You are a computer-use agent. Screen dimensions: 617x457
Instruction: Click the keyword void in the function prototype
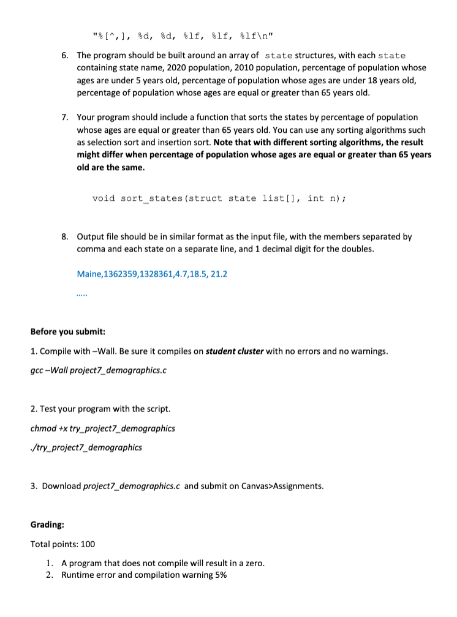click(x=104, y=198)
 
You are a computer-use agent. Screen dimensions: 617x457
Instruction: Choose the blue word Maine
click(x=89, y=274)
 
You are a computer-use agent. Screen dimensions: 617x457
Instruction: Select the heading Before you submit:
click(x=68, y=332)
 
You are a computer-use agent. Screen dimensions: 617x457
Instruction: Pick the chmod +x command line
click(x=102, y=428)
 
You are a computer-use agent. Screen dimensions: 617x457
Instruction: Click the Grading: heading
click(x=47, y=525)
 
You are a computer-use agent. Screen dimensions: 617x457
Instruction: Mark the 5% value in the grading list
click(x=218, y=575)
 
